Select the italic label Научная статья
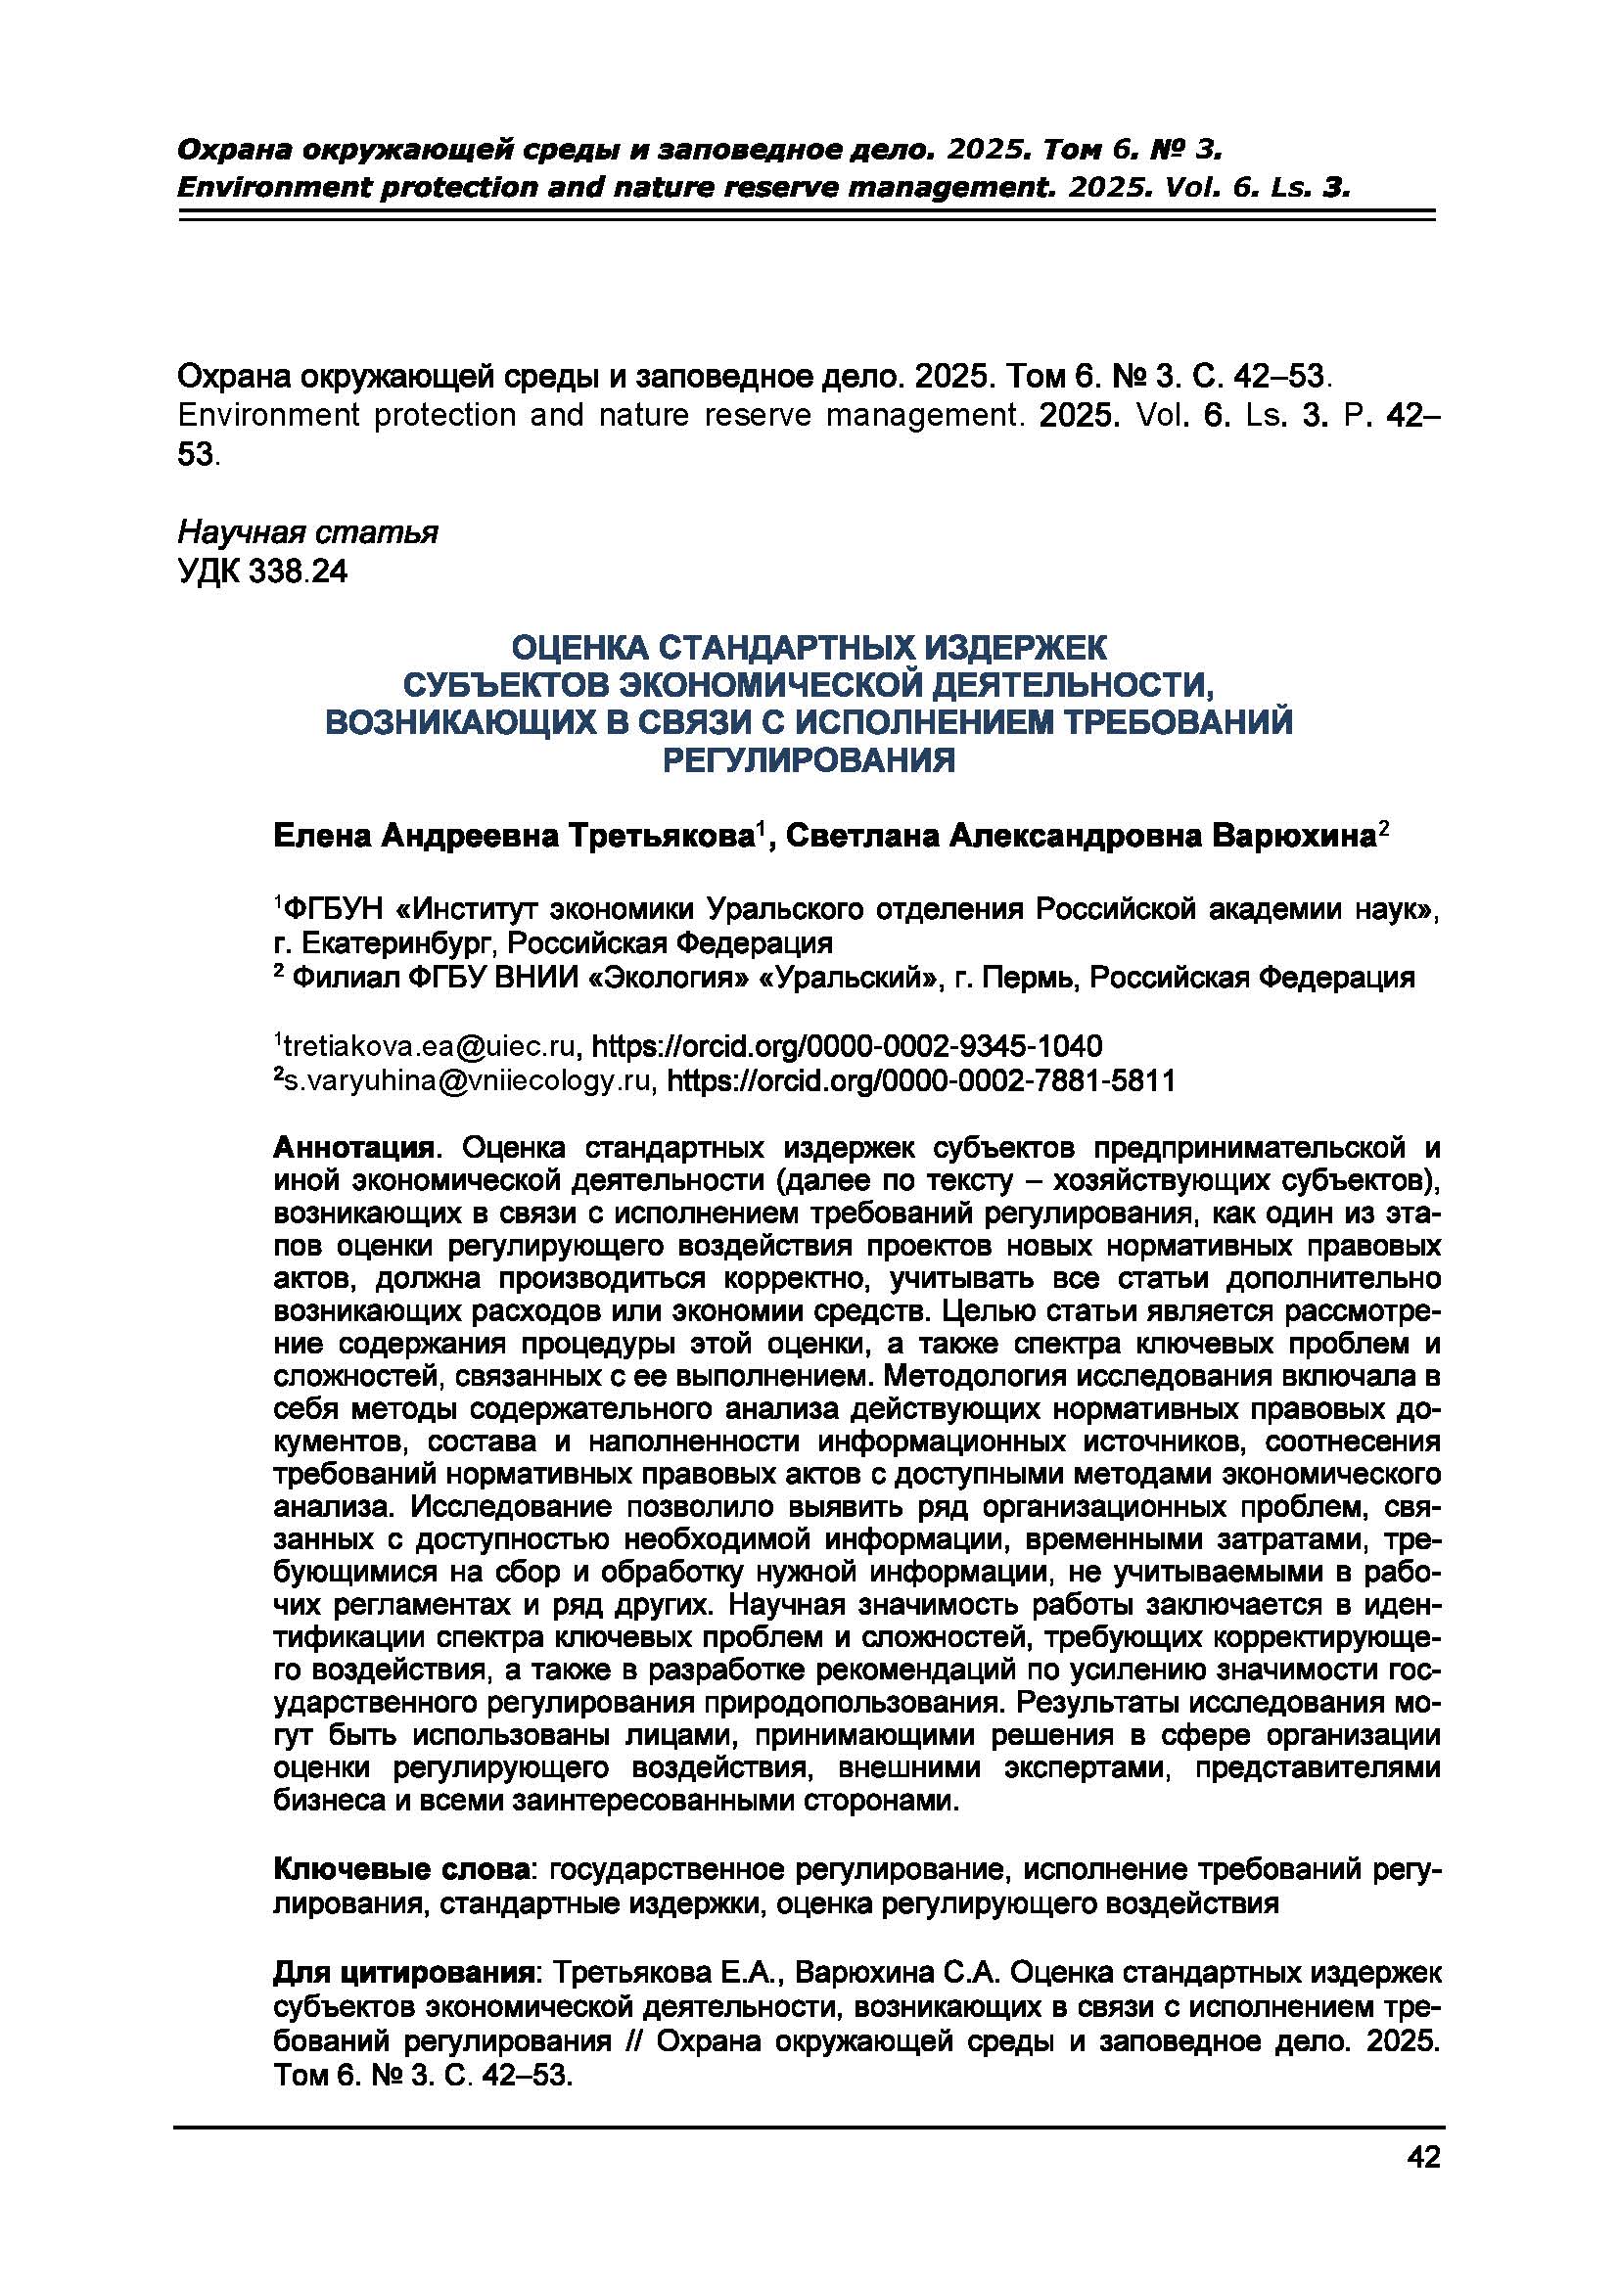pyautogui.click(x=307, y=533)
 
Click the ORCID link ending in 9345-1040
pyautogui.click(x=848, y=1047)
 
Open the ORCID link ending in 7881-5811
pyautogui.click(x=920, y=1080)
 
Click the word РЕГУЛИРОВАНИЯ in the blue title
pyautogui.click(x=809, y=761)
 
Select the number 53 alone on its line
pyautogui.click(x=196, y=455)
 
